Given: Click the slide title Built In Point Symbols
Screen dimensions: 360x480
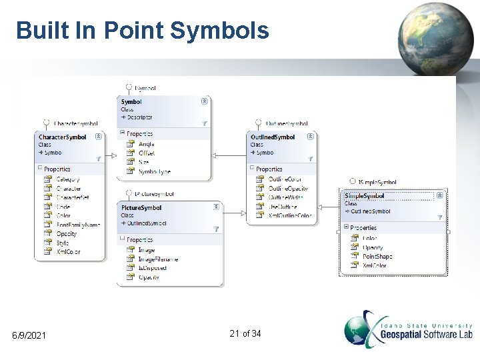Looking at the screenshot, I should [x=142, y=31].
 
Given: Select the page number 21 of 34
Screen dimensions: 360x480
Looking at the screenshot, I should [x=245, y=333].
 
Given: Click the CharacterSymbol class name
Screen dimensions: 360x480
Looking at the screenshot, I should [x=62, y=137].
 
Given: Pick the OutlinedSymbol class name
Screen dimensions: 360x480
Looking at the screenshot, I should [x=273, y=137].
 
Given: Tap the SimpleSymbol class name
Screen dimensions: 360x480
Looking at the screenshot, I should [x=364, y=196].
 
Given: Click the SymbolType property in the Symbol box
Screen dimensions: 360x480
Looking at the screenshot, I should [x=155, y=171].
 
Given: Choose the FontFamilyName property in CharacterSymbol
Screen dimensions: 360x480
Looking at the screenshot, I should [x=78, y=225].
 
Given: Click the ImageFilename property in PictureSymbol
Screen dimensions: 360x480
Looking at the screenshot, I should [x=158, y=259].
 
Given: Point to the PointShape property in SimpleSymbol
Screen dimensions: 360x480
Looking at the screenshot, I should [x=377, y=256].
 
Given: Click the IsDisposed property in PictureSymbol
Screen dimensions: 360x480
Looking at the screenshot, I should [x=152, y=268].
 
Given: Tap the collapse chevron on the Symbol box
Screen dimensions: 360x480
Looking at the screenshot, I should [x=204, y=101].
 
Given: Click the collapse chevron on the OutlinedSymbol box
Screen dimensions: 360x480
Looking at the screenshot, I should [x=310, y=137].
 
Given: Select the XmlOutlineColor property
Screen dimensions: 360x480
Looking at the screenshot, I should [x=289, y=215].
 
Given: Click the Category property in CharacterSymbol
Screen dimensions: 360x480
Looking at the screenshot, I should [x=68, y=179].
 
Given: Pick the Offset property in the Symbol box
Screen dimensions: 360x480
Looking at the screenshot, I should [x=147, y=153].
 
